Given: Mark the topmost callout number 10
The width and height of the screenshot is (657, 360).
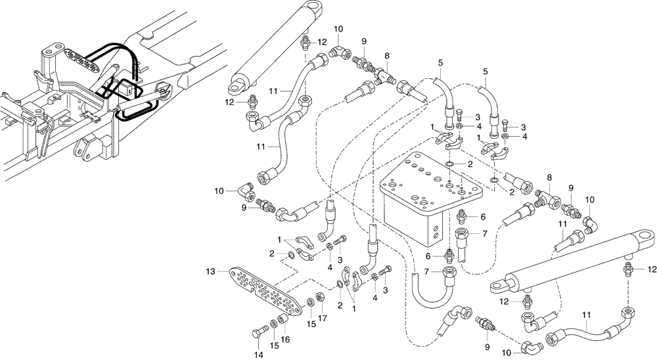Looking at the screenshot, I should [338, 30].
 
